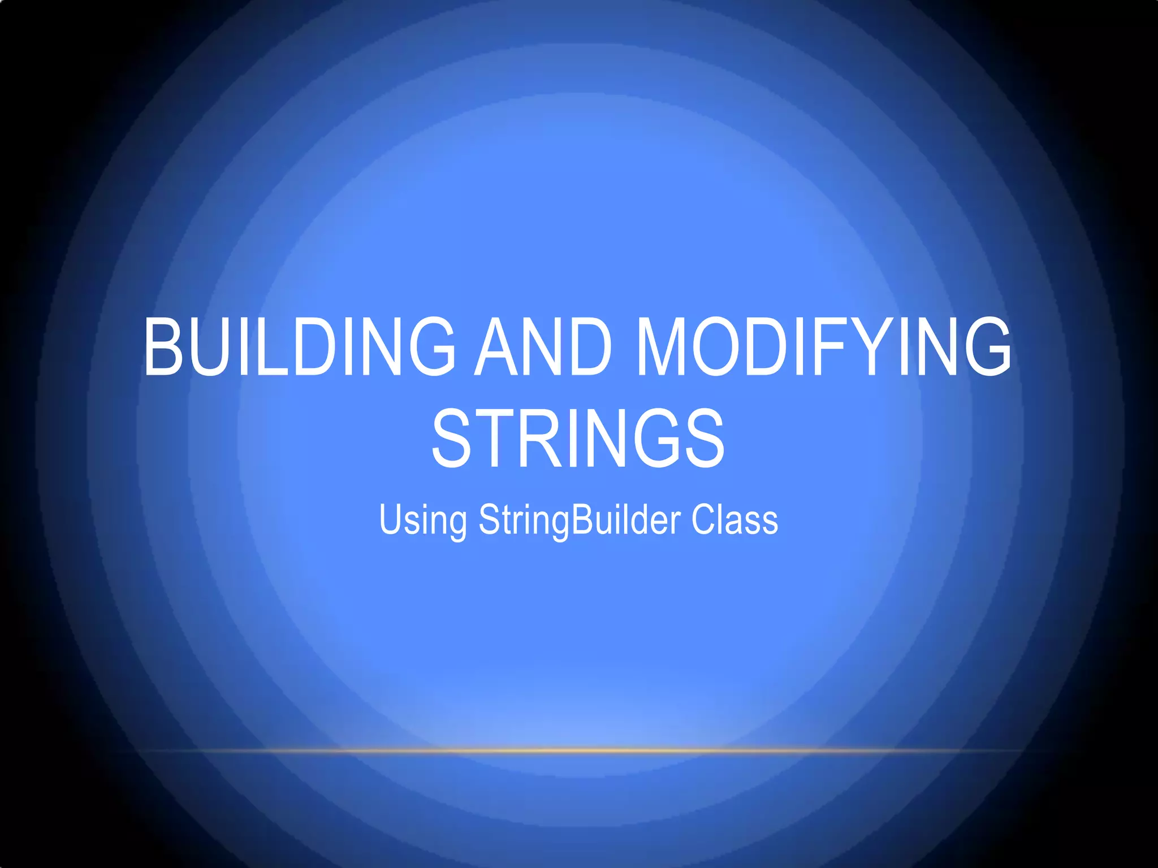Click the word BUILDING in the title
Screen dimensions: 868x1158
pyautogui.click(x=300, y=346)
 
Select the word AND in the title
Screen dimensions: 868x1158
pyautogui.click(x=543, y=346)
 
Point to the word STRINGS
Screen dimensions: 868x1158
pyautogui.click(x=578, y=439)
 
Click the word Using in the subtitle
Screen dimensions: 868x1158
pyautogui.click(x=423, y=520)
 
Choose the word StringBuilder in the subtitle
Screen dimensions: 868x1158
pyautogui.click(x=580, y=520)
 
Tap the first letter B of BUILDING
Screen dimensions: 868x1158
pyautogui.click(x=165, y=346)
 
